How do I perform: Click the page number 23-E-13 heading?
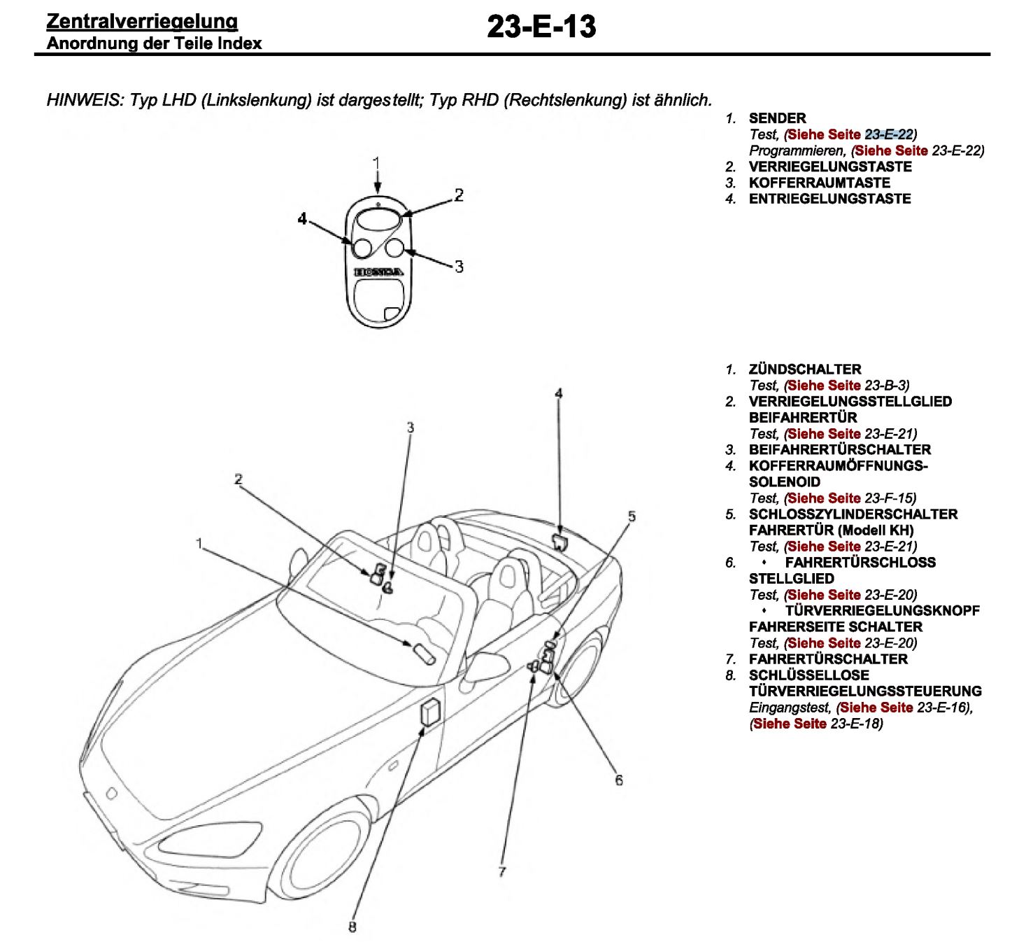(x=541, y=27)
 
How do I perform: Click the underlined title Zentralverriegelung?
(x=142, y=21)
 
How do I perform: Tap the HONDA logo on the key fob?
(x=378, y=272)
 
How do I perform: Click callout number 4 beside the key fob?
(x=302, y=219)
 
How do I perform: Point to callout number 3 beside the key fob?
(x=459, y=267)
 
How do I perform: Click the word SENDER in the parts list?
(x=777, y=118)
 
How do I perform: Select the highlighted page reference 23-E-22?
(x=889, y=134)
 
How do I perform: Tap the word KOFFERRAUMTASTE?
(x=819, y=183)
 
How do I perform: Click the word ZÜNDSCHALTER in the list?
(x=804, y=370)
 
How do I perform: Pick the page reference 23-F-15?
(x=890, y=498)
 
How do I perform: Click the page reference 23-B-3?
(x=886, y=386)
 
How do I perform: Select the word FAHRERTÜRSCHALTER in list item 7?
(x=828, y=659)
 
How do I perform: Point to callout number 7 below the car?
(x=501, y=872)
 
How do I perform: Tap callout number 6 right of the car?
(x=619, y=780)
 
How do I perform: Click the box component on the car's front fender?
(x=430, y=712)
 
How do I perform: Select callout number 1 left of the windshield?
(x=199, y=544)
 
